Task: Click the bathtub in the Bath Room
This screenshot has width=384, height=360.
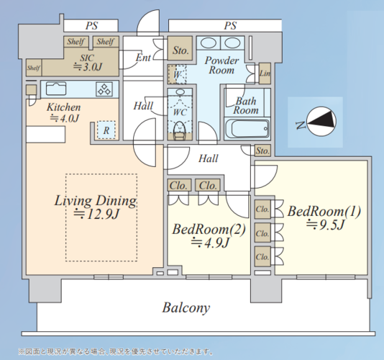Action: pyautogui.click(x=247, y=129)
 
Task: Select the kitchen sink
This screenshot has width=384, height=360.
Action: pyautogui.click(x=56, y=89)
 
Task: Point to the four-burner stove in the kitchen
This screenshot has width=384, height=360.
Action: pyautogui.click(x=105, y=89)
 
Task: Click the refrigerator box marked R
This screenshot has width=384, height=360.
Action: pyautogui.click(x=106, y=130)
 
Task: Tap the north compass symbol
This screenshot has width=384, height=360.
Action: pyautogui.click(x=321, y=122)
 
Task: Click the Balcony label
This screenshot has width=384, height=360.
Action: pyautogui.click(x=186, y=307)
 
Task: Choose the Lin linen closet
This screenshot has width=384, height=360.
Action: pyautogui.click(x=265, y=73)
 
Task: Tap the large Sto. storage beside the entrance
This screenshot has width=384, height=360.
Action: pyautogui.click(x=180, y=48)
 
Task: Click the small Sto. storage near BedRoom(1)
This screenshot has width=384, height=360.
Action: pyautogui.click(x=262, y=150)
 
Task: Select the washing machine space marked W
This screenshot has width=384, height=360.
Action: pyautogui.click(x=177, y=74)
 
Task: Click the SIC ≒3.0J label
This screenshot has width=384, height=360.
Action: pyautogui.click(x=87, y=63)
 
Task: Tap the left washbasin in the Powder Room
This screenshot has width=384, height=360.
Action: pyautogui.click(x=208, y=43)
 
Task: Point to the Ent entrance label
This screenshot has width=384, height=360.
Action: pyautogui.click(x=143, y=58)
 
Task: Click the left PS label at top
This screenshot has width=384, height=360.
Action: pyautogui.click(x=91, y=26)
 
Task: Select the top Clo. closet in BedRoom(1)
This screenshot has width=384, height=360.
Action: pyautogui.click(x=262, y=210)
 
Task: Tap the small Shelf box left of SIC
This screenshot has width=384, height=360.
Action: pyautogui.click(x=34, y=68)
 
